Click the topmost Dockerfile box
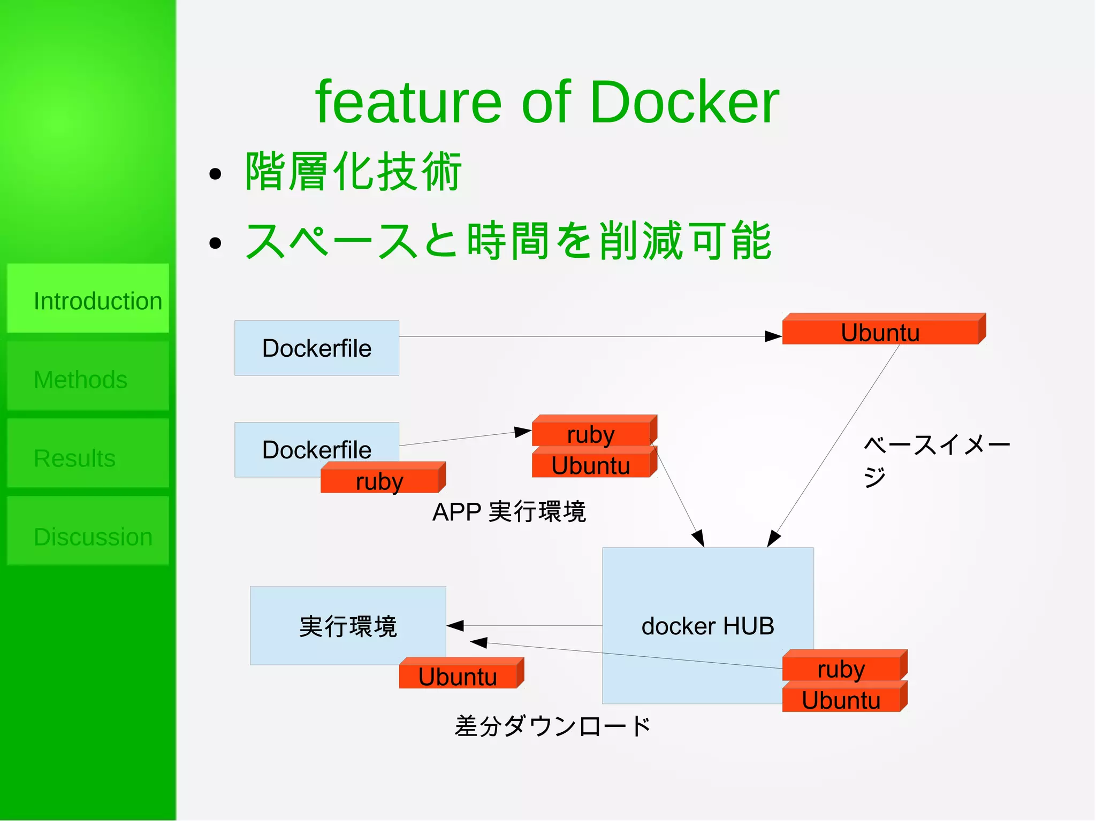316,348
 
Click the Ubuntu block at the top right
880,332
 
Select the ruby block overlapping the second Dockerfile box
379,480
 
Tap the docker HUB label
707,626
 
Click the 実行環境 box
348,625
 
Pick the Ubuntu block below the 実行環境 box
458,676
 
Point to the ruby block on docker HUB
841,669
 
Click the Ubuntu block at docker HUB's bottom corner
841,700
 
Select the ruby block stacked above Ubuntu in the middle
591,434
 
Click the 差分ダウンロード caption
552,726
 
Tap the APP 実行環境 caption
509,512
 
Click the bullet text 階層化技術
353,171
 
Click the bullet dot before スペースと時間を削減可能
215,243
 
